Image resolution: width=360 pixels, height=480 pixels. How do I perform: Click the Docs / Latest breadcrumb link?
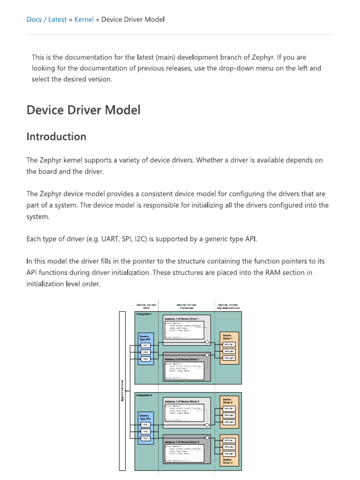[x=46, y=19]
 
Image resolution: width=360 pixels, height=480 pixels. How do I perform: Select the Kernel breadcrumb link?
[x=84, y=19]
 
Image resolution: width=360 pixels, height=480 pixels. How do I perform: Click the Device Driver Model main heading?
[x=83, y=110]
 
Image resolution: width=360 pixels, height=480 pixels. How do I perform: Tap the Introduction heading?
[x=56, y=137]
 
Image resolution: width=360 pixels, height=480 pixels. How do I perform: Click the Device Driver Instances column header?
[x=187, y=306]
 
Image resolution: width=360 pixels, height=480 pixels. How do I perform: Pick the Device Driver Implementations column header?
[x=228, y=306]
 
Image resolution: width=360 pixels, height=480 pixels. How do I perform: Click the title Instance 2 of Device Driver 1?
[x=185, y=359]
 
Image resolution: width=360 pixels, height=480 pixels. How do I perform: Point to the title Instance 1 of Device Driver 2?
[x=185, y=402]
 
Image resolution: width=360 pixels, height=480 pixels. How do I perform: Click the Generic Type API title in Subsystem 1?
[x=145, y=337]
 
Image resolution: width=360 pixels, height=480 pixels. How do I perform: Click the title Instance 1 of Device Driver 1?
[x=185, y=319]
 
